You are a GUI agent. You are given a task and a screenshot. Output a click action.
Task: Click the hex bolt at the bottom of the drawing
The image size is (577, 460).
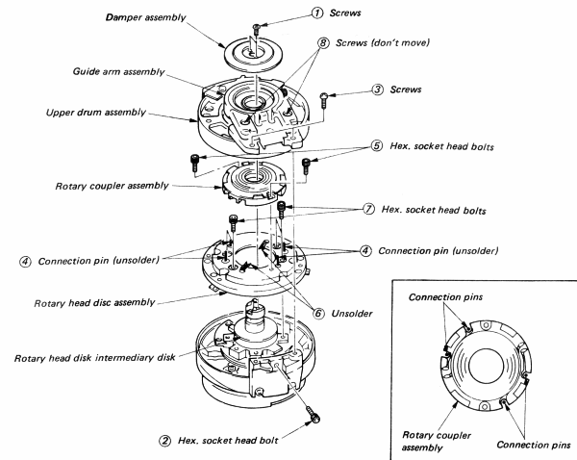(x=311, y=417)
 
